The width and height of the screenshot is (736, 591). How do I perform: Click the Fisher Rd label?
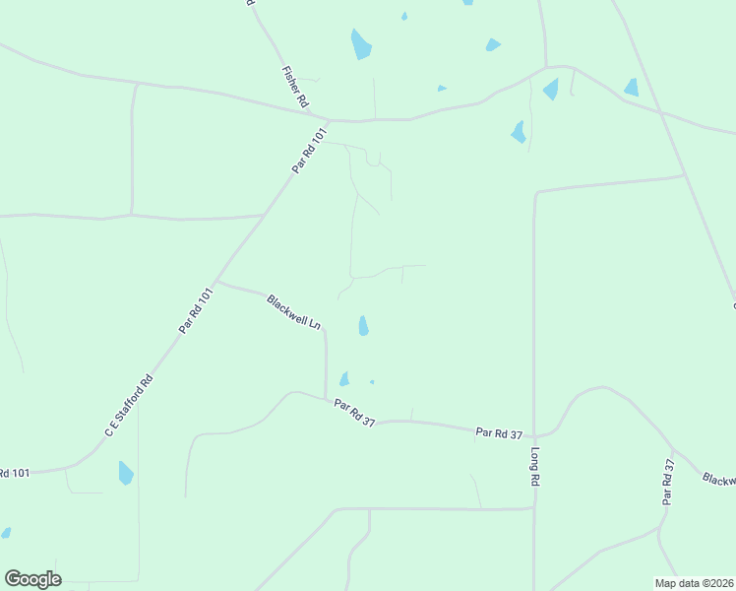click(295, 87)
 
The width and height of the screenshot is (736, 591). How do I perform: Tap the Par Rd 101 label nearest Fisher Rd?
click(308, 153)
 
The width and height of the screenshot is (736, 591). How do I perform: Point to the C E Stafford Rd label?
click(129, 406)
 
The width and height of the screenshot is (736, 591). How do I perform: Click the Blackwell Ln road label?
click(294, 311)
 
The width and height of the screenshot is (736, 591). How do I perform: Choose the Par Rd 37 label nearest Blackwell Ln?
click(355, 412)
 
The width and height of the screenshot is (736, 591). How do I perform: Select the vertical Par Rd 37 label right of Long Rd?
click(668, 483)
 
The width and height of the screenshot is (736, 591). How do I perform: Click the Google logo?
click(32, 579)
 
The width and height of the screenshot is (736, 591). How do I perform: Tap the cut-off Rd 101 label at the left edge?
click(15, 473)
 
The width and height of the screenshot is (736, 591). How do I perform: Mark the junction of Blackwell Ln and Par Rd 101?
click(216, 282)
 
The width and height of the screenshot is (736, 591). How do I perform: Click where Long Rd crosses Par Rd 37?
click(534, 434)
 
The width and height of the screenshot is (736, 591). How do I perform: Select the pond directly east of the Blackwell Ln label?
click(363, 325)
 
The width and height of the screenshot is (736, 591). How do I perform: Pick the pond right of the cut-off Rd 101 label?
click(125, 473)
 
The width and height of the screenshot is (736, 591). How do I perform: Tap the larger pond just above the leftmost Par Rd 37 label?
click(344, 378)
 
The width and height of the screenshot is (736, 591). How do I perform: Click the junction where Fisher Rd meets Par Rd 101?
click(328, 120)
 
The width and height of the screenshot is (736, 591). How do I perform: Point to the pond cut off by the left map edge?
click(5, 533)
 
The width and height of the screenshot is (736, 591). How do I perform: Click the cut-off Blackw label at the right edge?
click(719, 479)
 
